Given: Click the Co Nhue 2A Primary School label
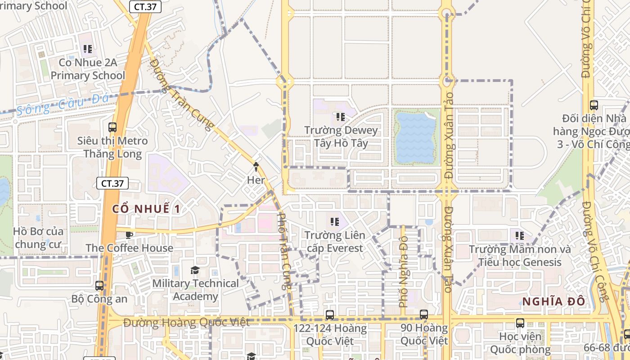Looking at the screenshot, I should click(88, 69).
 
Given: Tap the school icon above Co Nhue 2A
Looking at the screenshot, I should click(87, 49).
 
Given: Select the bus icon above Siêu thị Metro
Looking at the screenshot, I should click(112, 127).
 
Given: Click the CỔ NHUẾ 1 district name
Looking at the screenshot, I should click(146, 209).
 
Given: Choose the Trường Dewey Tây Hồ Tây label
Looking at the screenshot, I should click(341, 137).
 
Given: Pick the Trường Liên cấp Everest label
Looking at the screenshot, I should click(334, 242).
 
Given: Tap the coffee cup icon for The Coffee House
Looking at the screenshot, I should click(129, 234).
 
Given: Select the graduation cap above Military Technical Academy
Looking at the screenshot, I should click(195, 270).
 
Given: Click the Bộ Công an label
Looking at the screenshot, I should click(99, 299).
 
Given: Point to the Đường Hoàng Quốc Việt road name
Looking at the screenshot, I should click(186, 323).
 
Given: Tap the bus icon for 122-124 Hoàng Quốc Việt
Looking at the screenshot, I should click(330, 315).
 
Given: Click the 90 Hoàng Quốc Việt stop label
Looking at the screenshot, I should click(424, 334).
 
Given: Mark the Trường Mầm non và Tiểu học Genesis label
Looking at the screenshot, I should click(520, 256).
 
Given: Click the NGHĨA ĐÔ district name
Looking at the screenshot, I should click(553, 301).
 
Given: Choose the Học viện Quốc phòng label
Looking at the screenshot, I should click(520, 342).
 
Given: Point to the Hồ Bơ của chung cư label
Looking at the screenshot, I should click(38, 238).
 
